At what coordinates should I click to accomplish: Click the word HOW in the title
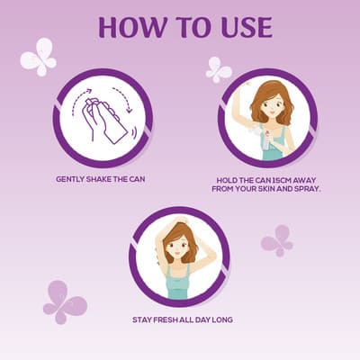pyautogui.click(x=132, y=27)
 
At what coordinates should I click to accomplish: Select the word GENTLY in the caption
pyautogui.click(x=70, y=179)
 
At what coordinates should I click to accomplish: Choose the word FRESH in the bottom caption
pyautogui.click(x=166, y=319)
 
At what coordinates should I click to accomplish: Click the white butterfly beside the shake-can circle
pyautogui.click(x=39, y=57)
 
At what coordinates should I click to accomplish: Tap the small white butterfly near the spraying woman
pyautogui.click(x=218, y=70)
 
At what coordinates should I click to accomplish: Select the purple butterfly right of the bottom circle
pyautogui.click(x=276, y=241)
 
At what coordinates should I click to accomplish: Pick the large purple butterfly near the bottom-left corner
pyautogui.click(x=65, y=302)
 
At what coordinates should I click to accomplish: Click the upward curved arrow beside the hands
pyautogui.click(x=79, y=100)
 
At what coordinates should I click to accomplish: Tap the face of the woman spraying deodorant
pyautogui.click(x=273, y=104)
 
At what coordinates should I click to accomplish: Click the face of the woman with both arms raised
pyautogui.click(x=177, y=246)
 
